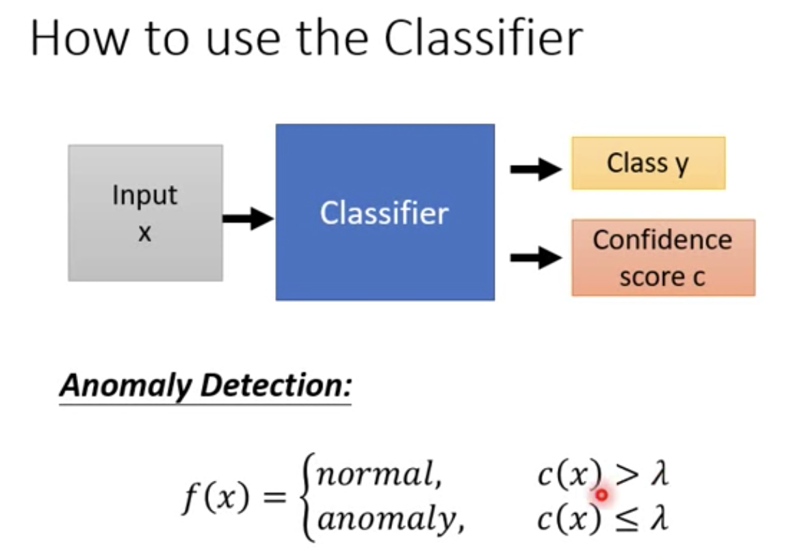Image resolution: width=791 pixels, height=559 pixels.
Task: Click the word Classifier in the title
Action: pos(483,38)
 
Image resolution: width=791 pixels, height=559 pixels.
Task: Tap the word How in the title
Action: pos(79,38)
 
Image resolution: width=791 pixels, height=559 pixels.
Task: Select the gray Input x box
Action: pos(145,212)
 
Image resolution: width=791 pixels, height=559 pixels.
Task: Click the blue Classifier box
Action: pos(385,212)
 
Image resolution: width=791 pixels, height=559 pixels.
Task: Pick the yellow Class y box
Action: pos(648,163)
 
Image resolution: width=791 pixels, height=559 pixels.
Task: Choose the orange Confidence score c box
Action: pos(663,258)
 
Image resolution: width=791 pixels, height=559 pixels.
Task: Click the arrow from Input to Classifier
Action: pos(248,219)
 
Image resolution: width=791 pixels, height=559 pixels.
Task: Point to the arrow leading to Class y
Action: pos(536,169)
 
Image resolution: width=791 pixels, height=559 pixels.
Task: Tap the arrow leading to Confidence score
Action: pos(536,258)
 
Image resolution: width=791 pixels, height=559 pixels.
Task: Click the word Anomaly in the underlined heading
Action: pos(125,386)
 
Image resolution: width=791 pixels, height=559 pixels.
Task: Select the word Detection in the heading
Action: pos(276,385)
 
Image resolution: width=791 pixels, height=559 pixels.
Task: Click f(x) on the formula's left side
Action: pos(216,497)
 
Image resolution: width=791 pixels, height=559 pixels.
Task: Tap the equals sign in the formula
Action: pos(274,497)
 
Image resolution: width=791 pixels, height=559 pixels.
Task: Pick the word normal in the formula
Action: pos(379,475)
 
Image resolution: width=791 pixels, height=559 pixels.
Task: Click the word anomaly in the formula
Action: pos(391,519)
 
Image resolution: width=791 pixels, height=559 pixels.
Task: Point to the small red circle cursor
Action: pos(601,495)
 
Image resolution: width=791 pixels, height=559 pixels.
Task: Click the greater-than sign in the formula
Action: pos(627,475)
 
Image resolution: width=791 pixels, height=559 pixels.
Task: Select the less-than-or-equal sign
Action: pos(627,519)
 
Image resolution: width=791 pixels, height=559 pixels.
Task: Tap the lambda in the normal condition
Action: pos(660,473)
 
